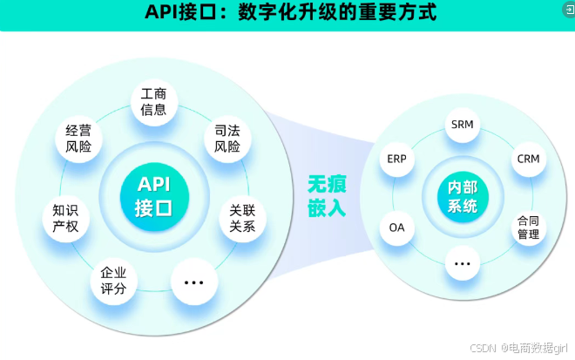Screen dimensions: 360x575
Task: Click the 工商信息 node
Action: coord(154,102)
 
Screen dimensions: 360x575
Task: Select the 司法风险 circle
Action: coord(227,139)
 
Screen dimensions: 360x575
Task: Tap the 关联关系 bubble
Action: coord(242,218)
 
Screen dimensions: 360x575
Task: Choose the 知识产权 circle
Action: coord(65,218)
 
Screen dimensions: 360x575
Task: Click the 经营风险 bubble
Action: coord(78,139)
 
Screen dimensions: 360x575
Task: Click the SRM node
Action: coord(462,124)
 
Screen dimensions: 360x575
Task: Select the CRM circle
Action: coord(528,159)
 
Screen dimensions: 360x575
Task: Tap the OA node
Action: coord(396,228)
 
